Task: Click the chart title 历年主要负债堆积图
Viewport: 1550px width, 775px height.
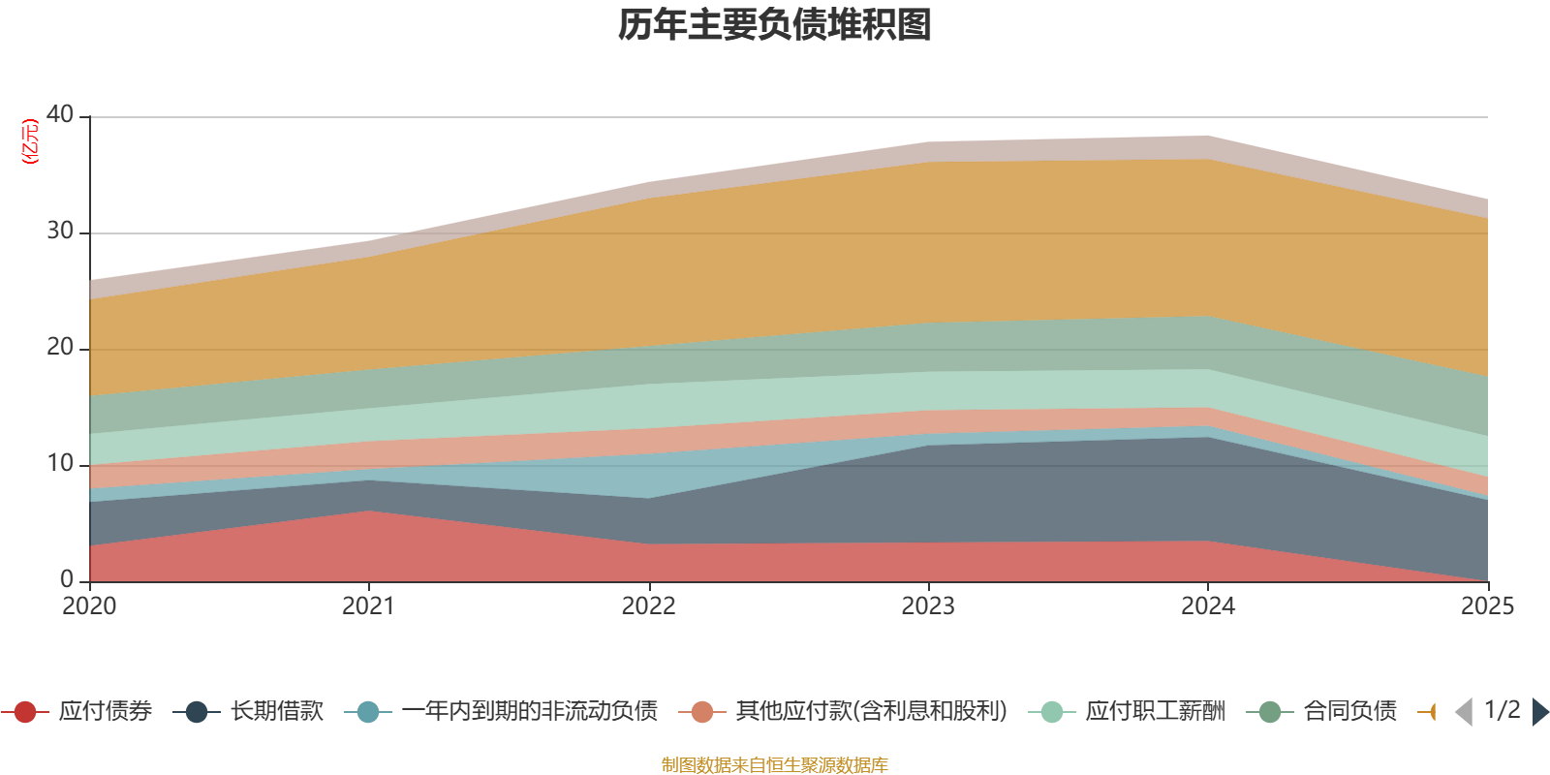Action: click(x=775, y=25)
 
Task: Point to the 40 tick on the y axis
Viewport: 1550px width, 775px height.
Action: click(x=60, y=114)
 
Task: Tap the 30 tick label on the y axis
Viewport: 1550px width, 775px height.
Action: click(x=60, y=231)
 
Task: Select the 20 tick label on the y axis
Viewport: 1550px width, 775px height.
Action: click(x=60, y=347)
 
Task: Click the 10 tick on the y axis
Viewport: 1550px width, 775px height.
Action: click(x=60, y=463)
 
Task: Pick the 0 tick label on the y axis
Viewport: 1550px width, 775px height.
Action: click(x=67, y=579)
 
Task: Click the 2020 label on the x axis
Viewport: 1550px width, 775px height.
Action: click(x=89, y=606)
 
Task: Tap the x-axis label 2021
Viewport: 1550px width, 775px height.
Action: click(x=368, y=606)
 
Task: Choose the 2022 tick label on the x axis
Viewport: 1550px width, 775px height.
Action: click(x=648, y=606)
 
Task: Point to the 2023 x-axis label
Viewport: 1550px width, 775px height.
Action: click(x=928, y=606)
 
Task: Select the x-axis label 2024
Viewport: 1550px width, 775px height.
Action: click(x=1207, y=606)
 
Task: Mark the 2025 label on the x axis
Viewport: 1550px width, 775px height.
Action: click(x=1487, y=606)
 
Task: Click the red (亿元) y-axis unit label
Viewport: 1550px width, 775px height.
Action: click(x=30, y=141)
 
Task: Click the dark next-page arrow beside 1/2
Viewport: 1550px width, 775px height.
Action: click(x=1540, y=712)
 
